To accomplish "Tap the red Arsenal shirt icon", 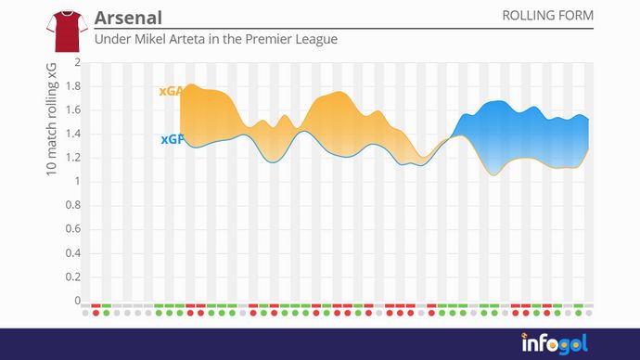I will (65, 31).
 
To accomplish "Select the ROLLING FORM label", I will (547, 16).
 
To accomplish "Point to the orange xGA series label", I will (171, 91).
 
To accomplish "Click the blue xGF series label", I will (171, 139).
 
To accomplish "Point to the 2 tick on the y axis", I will (78, 62).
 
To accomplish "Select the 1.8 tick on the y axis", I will (73, 86).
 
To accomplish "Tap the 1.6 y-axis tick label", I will (73, 109).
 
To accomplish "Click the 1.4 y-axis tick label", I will (73, 134).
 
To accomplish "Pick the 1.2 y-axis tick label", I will (73, 158).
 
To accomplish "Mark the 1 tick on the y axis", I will (78, 181).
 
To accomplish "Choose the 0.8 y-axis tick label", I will (73, 205).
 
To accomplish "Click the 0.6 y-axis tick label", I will (73, 229).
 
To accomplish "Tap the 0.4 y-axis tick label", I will (73, 252).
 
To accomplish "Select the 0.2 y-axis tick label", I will (73, 276).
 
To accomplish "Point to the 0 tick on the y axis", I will (78, 301).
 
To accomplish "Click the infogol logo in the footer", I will (553, 343).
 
